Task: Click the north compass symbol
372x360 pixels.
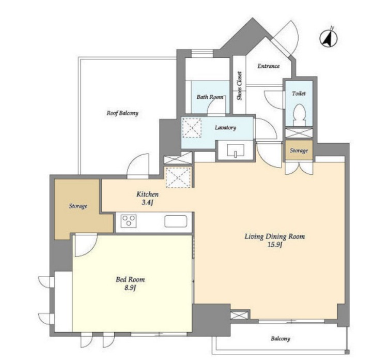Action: [x=329, y=38]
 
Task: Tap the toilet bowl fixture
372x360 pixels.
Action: [x=299, y=115]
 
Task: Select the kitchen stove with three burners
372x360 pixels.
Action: [x=129, y=221]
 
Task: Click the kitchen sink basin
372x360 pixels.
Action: [x=176, y=221]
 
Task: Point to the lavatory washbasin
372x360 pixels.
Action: [x=236, y=151]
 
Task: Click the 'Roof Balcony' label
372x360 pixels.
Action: [x=122, y=113]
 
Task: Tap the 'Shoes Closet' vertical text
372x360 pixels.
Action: [x=239, y=86]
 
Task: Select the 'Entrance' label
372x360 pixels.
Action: [x=269, y=66]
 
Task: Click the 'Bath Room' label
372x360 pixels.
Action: [x=210, y=97]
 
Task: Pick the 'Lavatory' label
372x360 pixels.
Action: [x=225, y=128]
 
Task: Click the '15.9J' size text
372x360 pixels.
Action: [x=275, y=245]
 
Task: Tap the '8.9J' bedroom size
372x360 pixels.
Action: [x=130, y=288]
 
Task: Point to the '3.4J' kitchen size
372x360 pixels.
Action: [x=147, y=203]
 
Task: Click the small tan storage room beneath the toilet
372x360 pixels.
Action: [x=299, y=151]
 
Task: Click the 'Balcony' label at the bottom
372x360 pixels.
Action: [x=281, y=339]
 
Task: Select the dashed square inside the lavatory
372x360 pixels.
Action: [x=192, y=128]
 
